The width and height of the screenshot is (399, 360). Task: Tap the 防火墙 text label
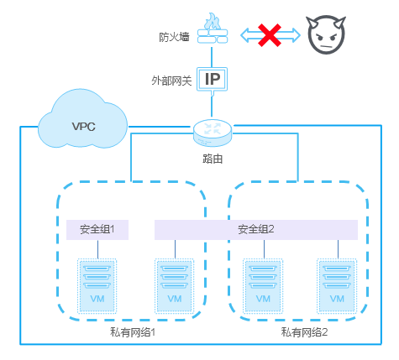174,37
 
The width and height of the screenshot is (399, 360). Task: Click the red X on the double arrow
270,35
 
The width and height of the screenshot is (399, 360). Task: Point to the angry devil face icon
326,34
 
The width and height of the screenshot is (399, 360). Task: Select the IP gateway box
212,79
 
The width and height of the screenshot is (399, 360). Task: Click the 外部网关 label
171,81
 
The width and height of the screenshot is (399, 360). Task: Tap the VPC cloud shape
82,119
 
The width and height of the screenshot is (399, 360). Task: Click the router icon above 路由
213,133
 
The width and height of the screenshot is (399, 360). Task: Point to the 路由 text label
213,159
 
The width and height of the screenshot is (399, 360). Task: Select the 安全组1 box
97,230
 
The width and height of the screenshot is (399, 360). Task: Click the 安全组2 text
256,229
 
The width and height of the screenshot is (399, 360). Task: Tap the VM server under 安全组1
97,286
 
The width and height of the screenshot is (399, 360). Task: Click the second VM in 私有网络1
175,286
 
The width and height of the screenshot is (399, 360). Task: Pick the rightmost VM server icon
337,286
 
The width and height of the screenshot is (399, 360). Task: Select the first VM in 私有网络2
263,286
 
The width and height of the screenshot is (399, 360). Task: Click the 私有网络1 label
133,332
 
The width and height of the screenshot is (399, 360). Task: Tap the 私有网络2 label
304,332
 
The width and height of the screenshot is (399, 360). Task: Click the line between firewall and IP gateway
212,57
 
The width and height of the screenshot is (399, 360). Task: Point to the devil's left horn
312,22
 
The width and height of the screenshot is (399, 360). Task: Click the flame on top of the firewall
213,21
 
